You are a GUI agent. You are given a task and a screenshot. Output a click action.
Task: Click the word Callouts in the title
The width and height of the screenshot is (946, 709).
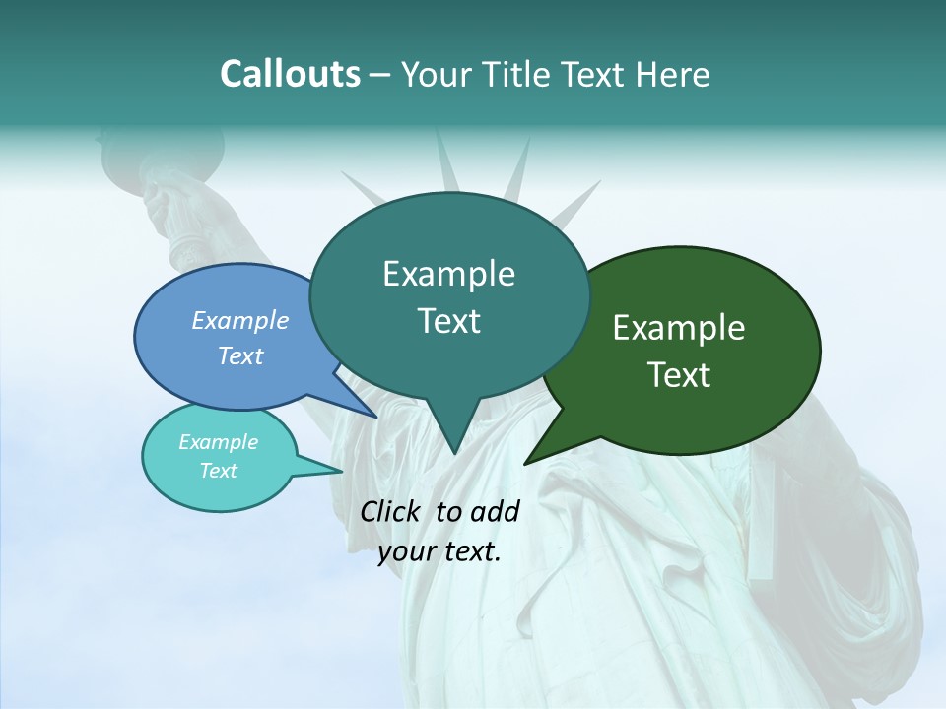[x=290, y=74]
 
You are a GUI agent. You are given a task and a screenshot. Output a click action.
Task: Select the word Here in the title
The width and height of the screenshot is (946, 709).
[x=672, y=74]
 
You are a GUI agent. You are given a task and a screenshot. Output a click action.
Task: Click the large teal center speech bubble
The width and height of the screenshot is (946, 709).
[x=448, y=354]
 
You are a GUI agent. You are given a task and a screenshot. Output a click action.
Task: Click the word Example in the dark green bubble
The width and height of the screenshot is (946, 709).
[x=679, y=328]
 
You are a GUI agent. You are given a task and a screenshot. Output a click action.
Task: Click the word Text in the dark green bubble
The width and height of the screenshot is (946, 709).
[x=679, y=375]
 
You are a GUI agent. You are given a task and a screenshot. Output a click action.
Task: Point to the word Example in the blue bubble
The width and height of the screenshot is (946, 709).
[x=240, y=321]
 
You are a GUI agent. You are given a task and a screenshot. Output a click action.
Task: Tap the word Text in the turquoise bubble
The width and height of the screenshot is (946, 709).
[x=219, y=471]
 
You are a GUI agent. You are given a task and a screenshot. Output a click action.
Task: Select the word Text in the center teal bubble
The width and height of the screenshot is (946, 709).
[x=448, y=321]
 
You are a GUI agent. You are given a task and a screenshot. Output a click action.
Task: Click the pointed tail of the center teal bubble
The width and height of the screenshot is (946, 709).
[x=453, y=448]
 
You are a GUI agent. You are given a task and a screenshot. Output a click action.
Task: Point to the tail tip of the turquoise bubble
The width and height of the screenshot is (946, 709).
[x=340, y=471]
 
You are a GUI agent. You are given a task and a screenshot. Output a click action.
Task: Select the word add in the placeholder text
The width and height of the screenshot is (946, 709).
[x=495, y=511]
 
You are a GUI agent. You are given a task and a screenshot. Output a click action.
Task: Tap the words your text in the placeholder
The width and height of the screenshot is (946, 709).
[x=439, y=551]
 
